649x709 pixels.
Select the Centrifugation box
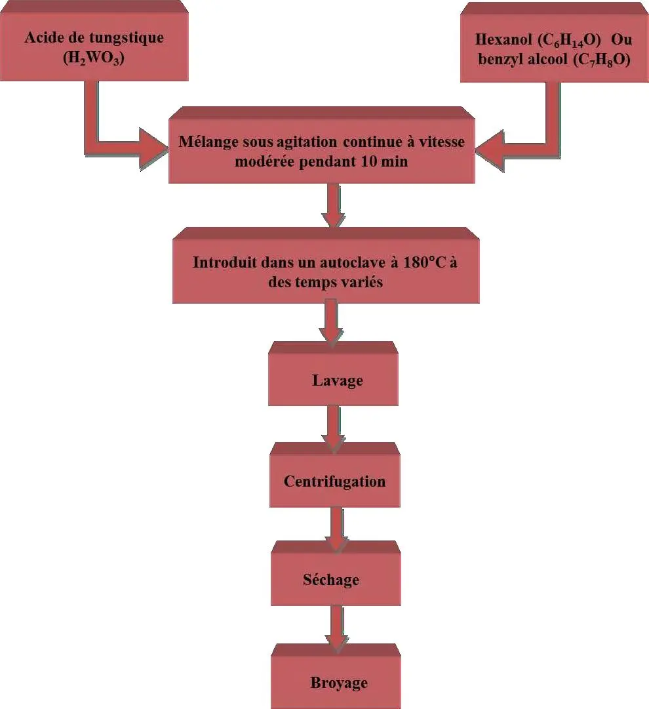click(334, 481)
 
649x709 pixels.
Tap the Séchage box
click(331, 580)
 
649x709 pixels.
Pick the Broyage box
click(338, 682)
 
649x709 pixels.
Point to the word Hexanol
click(500, 39)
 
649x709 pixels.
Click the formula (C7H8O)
click(601, 60)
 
